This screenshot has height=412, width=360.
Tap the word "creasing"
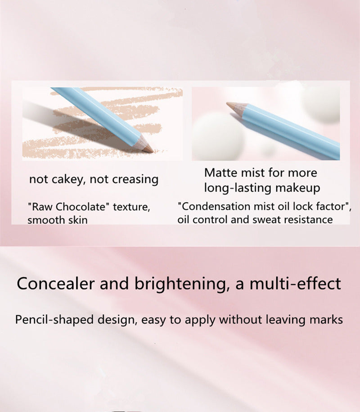coord(135,180)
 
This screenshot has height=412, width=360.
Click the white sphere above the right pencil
coord(320,104)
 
